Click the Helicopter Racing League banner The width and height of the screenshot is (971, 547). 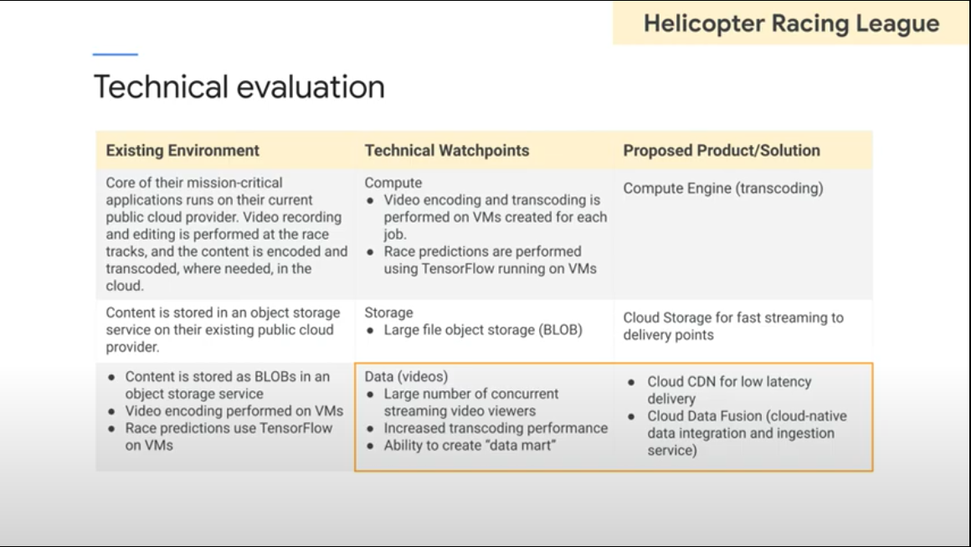[x=791, y=23]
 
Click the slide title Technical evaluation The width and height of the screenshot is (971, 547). [x=239, y=87]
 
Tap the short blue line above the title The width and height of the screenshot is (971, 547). [x=115, y=54]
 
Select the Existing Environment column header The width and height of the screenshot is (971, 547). [x=182, y=151]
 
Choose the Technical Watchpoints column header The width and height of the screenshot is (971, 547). [x=447, y=151]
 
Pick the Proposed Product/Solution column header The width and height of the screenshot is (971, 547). [x=722, y=151]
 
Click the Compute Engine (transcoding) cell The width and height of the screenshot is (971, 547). [x=723, y=188]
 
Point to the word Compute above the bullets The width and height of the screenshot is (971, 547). [x=393, y=183]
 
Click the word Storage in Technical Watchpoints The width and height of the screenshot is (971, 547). [x=388, y=312]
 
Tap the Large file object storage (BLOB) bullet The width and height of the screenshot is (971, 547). [x=482, y=330]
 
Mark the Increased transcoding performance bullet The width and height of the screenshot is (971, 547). [x=496, y=428]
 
